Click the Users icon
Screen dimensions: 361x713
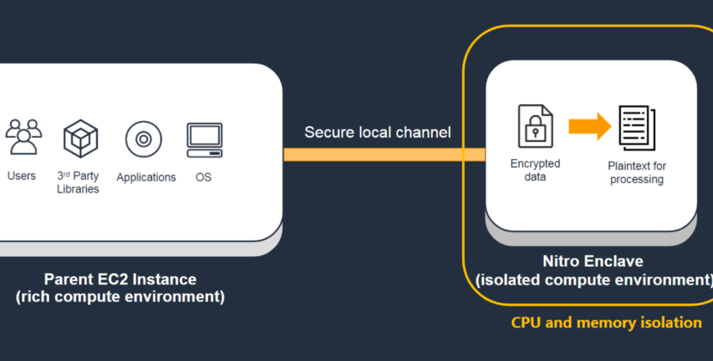tap(23, 137)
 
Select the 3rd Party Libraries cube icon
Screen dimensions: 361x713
tap(81, 138)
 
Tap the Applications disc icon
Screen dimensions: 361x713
tap(143, 138)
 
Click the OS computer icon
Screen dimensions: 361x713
tap(204, 138)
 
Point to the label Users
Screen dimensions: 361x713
tap(21, 176)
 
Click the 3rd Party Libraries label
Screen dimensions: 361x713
tap(78, 182)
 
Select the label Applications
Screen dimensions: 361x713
tap(146, 178)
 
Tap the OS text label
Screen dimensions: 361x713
tap(203, 177)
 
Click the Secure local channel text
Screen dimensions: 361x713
tap(377, 132)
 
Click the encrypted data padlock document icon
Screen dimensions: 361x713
tap(534, 125)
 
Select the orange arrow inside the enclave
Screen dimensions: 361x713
tap(588, 126)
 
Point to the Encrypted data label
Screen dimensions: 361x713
tap(535, 169)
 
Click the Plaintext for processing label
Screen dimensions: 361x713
tap(637, 173)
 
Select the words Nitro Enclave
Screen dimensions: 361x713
tap(593, 262)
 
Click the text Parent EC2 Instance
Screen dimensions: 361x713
tap(120, 279)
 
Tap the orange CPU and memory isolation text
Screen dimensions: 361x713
tap(606, 323)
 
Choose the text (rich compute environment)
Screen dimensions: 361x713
tap(120, 297)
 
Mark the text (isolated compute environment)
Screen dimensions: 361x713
tap(594, 280)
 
